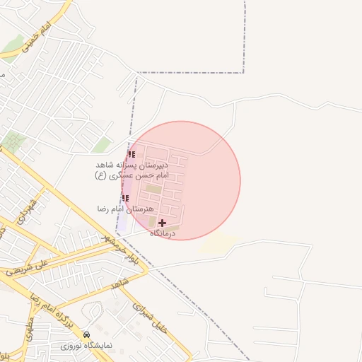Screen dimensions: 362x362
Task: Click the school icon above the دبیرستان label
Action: click(x=132, y=154)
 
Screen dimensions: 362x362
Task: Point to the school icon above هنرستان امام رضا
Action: click(x=126, y=198)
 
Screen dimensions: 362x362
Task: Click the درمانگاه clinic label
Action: click(x=162, y=233)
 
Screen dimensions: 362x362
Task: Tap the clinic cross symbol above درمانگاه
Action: click(x=163, y=223)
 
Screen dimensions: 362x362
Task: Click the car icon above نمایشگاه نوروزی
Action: click(x=87, y=334)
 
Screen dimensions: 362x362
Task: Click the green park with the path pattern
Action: click(x=12, y=142)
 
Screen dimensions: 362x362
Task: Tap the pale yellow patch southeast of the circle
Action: click(x=217, y=244)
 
